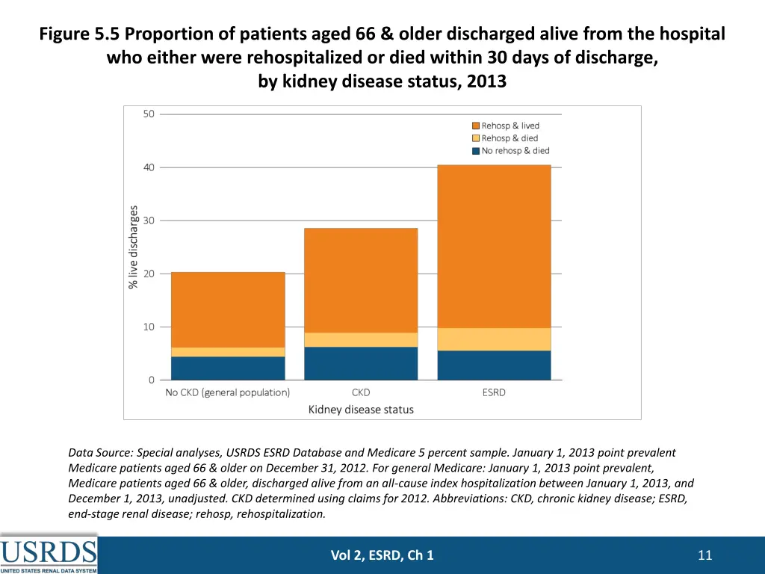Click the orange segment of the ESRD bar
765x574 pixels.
[x=494, y=246]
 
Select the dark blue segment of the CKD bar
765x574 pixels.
[x=361, y=363]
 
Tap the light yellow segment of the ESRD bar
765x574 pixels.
[x=494, y=339]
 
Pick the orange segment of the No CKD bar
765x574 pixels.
[x=228, y=309]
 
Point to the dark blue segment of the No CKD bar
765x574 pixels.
[x=228, y=368]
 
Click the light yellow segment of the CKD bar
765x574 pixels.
[x=361, y=339]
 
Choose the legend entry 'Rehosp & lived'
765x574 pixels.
[x=510, y=126]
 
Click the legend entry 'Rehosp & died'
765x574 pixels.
[x=510, y=138]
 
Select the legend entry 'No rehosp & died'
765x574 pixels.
[x=515, y=151]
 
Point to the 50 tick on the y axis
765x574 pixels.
[x=149, y=114]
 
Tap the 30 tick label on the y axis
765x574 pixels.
[x=149, y=220]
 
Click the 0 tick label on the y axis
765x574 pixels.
[x=151, y=380]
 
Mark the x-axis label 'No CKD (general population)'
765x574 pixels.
[x=228, y=392]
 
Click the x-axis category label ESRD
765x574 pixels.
[x=494, y=392]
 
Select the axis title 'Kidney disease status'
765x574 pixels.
[x=361, y=410]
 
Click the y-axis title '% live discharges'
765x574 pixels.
[x=134, y=247]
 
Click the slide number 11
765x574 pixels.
[x=704, y=555]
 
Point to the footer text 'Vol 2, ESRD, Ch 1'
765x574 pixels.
[x=382, y=555]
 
